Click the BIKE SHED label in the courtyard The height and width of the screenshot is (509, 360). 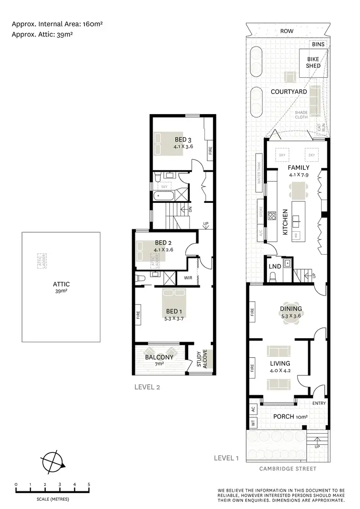(313, 63)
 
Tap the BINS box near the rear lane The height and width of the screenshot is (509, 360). (318, 44)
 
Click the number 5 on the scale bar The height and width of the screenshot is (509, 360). (89, 485)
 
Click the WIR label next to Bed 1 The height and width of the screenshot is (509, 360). (188, 277)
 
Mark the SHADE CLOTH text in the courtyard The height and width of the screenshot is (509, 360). (301, 115)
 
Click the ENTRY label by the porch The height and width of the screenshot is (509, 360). (319, 403)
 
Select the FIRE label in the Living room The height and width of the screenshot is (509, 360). (252, 369)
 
